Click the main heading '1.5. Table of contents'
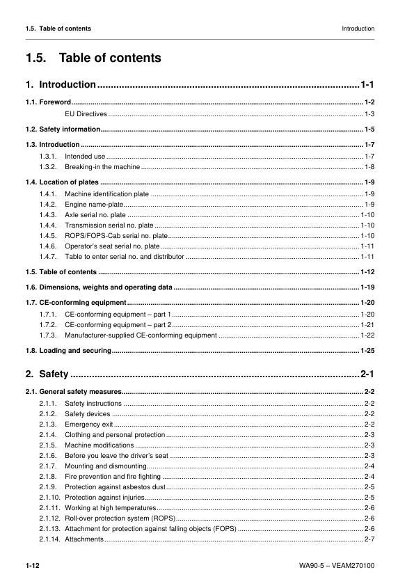(93, 58)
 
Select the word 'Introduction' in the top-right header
(358, 29)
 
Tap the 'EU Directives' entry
(86, 113)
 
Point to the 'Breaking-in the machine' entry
(102, 167)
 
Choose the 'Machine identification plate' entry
(106, 193)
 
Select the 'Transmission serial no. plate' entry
(109, 225)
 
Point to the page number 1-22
(367, 335)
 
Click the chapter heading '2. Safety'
(47, 374)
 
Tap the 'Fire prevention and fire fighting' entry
(113, 476)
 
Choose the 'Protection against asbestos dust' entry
(115, 486)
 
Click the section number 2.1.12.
(49, 518)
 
